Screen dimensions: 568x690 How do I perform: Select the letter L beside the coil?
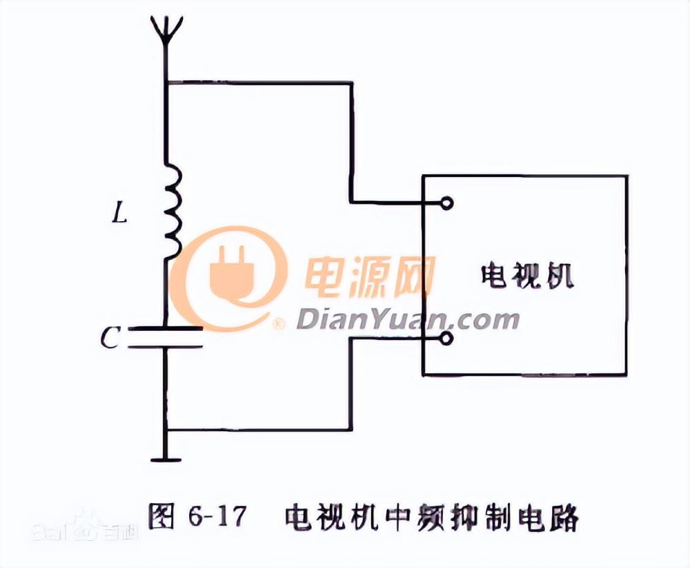(121, 215)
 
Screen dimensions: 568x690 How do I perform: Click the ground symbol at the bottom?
(166, 458)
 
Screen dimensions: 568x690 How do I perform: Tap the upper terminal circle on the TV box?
(447, 202)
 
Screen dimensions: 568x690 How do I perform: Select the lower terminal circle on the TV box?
(447, 338)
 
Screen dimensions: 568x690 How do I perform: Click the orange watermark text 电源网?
(370, 276)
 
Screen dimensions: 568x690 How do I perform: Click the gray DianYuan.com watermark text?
(408, 320)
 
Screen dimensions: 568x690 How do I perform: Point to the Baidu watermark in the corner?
(83, 531)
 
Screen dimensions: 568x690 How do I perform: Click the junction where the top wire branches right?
(166, 84)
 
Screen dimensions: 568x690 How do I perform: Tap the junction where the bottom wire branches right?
(166, 430)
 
